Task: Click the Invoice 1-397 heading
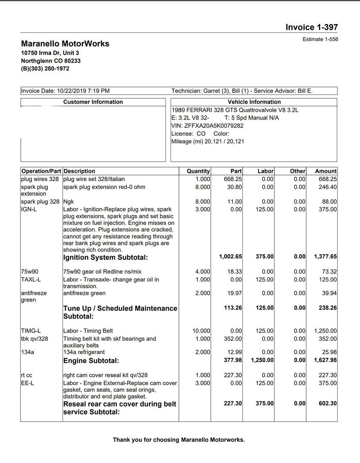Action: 311,27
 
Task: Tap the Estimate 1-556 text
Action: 320,39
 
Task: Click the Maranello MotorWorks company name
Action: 65,44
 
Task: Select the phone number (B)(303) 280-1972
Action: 45,69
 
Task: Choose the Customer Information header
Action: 93,102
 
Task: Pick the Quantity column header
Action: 198,171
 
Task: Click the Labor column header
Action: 265,171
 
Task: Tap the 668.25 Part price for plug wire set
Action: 233,179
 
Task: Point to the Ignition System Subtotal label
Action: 106,257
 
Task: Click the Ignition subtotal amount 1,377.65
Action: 325,257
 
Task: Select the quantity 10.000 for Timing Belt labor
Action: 201,331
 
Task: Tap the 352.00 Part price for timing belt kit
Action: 232,339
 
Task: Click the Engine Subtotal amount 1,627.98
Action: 325,360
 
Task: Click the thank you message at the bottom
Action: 179,440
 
